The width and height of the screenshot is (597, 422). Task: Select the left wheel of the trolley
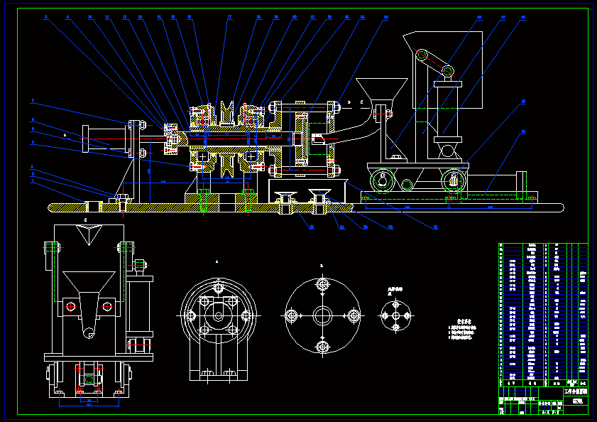[385, 181]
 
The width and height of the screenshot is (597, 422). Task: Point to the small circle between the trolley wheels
[406, 185]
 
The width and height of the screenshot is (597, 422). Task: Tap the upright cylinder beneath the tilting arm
[447, 110]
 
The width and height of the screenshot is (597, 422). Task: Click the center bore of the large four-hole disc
[323, 315]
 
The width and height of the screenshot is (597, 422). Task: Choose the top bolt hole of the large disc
[323, 286]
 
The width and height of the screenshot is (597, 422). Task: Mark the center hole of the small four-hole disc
[395, 315]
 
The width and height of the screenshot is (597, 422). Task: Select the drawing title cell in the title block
[576, 392]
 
